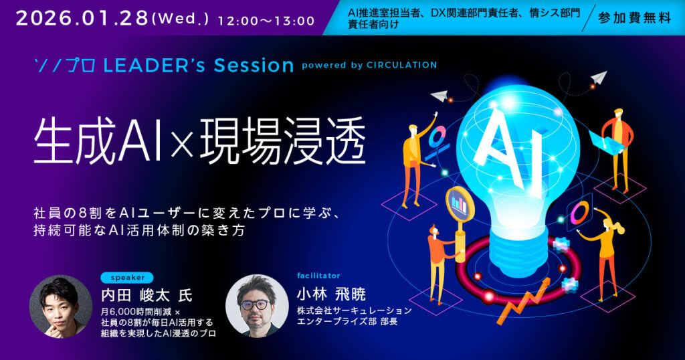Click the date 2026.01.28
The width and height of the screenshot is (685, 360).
point(82,18)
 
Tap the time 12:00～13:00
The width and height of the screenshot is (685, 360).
point(266,21)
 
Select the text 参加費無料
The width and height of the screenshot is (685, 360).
point(634,18)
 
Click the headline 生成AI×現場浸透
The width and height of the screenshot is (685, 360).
point(199,141)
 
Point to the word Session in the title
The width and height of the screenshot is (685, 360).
point(254,65)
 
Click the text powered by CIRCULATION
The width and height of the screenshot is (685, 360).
point(369,65)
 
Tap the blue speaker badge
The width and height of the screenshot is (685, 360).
point(127,278)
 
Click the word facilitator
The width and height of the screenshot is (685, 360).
point(318,276)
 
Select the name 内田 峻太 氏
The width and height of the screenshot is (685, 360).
point(146,295)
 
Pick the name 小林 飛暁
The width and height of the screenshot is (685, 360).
point(331,294)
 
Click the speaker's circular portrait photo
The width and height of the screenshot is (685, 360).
point(60,306)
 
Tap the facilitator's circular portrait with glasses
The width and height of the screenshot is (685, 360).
point(256,306)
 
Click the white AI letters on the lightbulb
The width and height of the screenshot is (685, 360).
point(509,146)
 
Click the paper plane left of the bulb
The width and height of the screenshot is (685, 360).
point(439,94)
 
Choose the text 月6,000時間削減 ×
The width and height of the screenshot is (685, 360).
point(140,312)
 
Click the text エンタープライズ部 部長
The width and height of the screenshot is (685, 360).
point(347,322)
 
